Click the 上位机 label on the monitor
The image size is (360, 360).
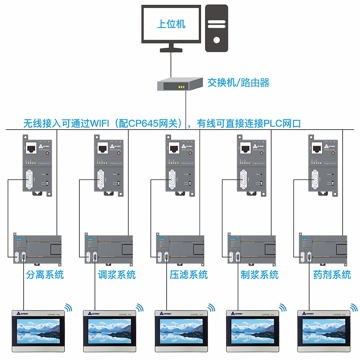[x=171, y=24]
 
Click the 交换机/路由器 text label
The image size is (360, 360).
[x=238, y=83]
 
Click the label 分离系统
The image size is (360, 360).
[x=45, y=275]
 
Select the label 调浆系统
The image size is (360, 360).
[x=117, y=275]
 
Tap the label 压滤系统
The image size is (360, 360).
[x=189, y=275]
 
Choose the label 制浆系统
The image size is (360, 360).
[x=260, y=275]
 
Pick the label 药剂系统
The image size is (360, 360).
[x=332, y=275]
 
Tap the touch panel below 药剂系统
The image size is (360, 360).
[x=324, y=330]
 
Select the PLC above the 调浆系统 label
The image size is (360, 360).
[x=108, y=248]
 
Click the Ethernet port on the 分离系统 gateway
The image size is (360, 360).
[x=31, y=148]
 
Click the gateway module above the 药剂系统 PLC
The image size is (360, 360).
[x=322, y=165]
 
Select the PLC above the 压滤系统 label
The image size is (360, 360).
[x=180, y=248]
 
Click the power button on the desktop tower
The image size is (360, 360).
[x=216, y=40]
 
